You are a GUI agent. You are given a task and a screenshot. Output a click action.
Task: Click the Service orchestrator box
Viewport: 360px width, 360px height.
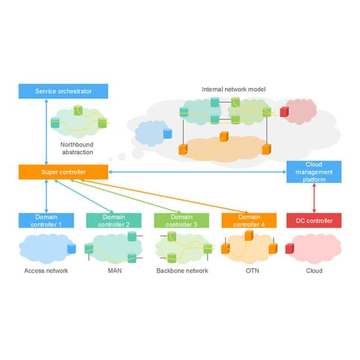[x=63, y=91]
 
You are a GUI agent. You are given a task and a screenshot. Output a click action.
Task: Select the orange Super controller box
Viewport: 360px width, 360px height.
[x=63, y=172]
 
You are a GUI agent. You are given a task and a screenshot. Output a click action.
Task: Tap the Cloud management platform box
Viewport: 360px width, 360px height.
[x=314, y=172]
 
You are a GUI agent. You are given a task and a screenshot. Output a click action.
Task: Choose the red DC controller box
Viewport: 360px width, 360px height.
[x=314, y=220]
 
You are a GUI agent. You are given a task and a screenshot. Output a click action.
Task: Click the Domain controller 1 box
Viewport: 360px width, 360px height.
[x=46, y=220]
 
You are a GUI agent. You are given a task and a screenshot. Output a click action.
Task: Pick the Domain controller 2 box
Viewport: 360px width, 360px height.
[x=114, y=220]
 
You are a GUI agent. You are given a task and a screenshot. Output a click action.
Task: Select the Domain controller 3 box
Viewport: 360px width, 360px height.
[x=182, y=220]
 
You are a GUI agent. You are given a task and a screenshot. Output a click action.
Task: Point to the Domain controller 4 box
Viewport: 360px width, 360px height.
[x=249, y=220]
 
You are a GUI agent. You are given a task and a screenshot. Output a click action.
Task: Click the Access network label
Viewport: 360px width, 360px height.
[x=46, y=271]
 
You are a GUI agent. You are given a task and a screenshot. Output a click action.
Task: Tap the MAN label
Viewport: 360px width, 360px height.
[x=114, y=271]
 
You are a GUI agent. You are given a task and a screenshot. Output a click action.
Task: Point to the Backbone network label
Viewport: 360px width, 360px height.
[x=182, y=271]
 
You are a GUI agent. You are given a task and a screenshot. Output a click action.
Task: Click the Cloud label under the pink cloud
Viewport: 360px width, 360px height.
[x=314, y=271]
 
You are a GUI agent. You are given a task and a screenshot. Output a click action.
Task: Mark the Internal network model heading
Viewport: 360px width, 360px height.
[x=233, y=89]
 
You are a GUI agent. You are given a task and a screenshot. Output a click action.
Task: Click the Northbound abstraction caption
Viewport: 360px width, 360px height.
[x=77, y=148]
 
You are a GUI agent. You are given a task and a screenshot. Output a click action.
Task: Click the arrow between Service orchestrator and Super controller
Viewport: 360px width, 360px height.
[x=46, y=132]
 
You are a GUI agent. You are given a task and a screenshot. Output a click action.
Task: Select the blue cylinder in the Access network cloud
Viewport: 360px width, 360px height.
[x=72, y=248]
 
